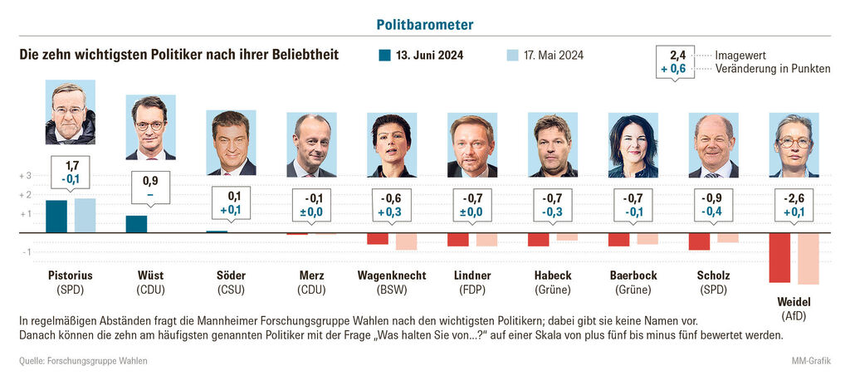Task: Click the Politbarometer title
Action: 425,25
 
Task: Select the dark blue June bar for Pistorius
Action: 56,217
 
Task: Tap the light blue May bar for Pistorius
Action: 85,216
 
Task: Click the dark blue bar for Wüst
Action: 136,224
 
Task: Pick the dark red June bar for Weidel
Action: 779,258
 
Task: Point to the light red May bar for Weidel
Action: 808,259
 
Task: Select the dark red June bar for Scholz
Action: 699,241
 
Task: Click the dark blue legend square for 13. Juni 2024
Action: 384,56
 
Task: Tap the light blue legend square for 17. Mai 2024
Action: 512,56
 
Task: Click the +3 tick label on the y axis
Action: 25,176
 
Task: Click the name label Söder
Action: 231,275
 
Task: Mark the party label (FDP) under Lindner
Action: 472,290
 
